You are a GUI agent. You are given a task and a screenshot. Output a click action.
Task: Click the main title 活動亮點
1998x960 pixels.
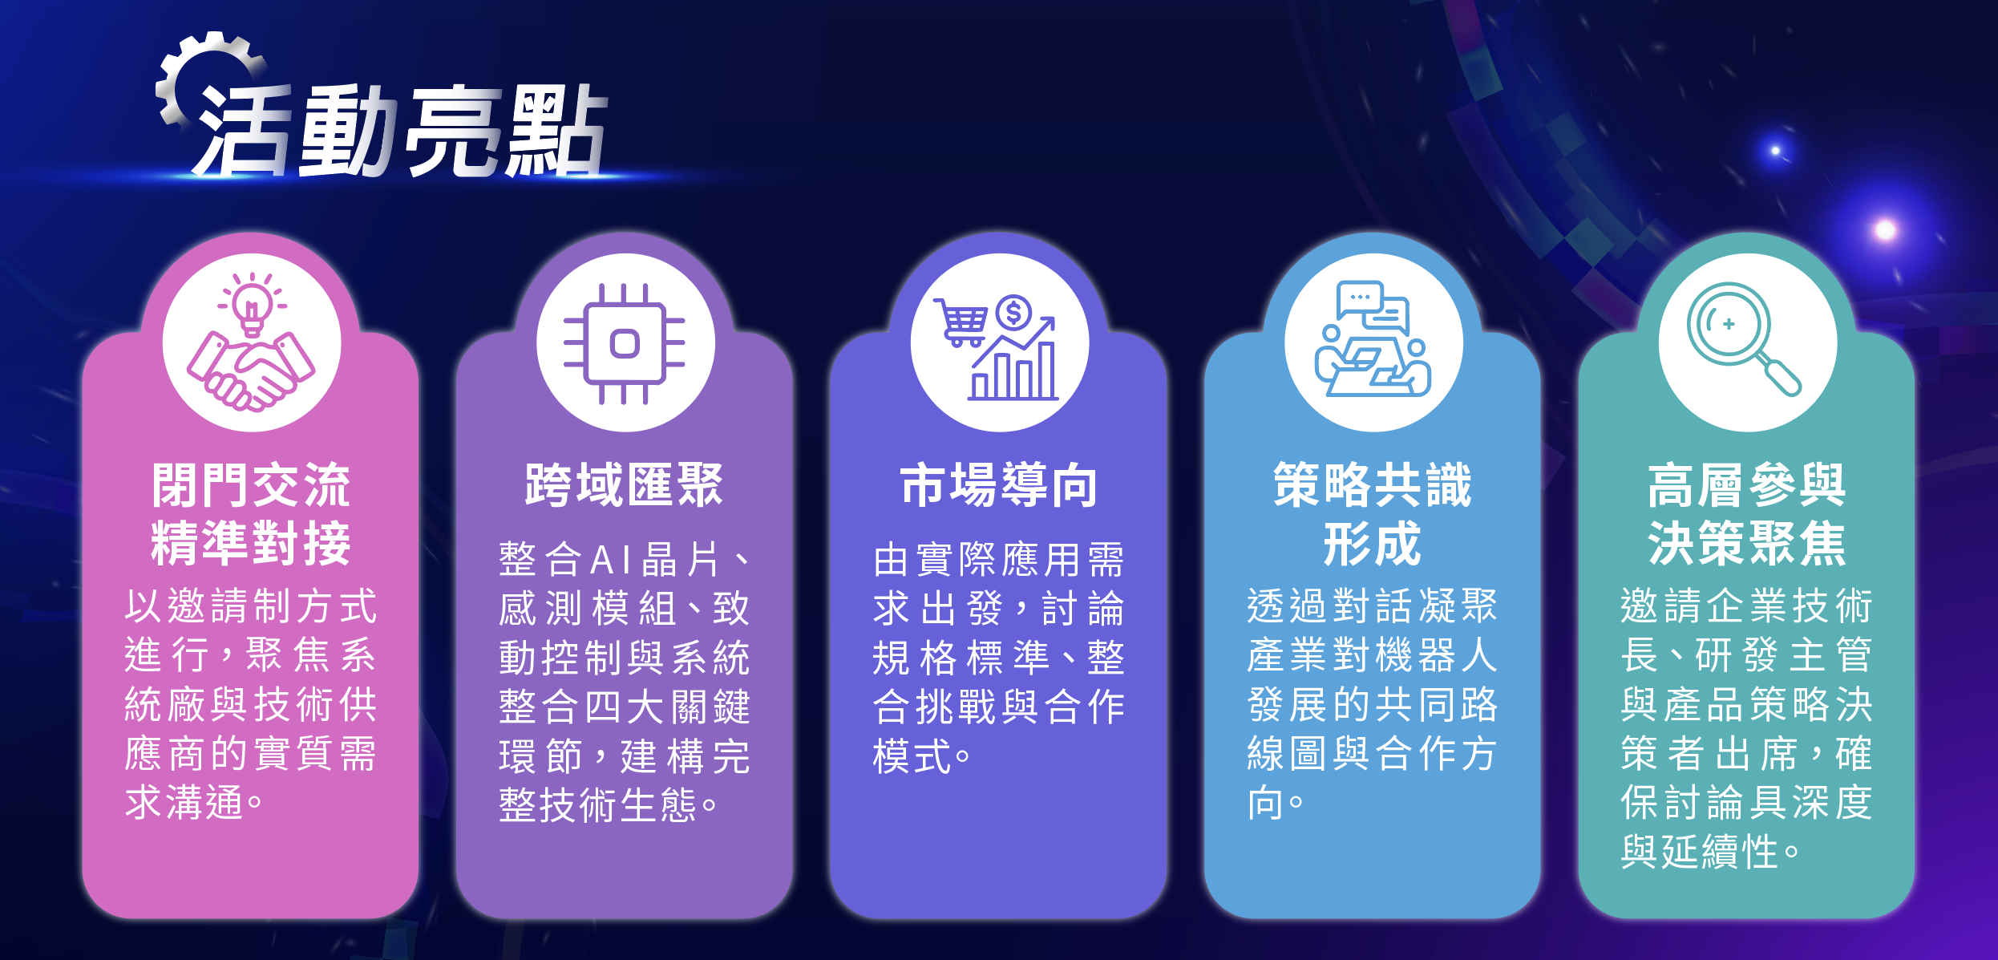[x=401, y=131]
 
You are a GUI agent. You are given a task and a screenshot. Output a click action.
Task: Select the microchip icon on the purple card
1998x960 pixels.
[x=625, y=343]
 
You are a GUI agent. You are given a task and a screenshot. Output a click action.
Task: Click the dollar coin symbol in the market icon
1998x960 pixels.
[x=1014, y=313]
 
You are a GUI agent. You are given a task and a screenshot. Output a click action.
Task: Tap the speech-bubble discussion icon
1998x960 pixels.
[x=1373, y=338]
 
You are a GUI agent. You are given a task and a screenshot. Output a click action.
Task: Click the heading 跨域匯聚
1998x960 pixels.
[x=624, y=485]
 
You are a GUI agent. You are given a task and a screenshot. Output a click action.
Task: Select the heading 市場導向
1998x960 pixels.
[x=998, y=485]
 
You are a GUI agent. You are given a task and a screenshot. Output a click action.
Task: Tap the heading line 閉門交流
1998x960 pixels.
[x=251, y=485]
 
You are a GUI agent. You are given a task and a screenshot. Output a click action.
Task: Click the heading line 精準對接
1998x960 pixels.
[x=251, y=543]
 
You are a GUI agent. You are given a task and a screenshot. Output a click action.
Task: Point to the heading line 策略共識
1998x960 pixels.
[x=1373, y=485]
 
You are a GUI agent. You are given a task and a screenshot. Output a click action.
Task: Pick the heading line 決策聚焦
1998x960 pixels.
[x=1747, y=543]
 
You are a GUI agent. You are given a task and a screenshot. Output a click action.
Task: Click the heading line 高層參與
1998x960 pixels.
[x=1747, y=485]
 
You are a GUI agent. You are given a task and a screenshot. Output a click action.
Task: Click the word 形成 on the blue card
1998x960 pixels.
[x=1373, y=543]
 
